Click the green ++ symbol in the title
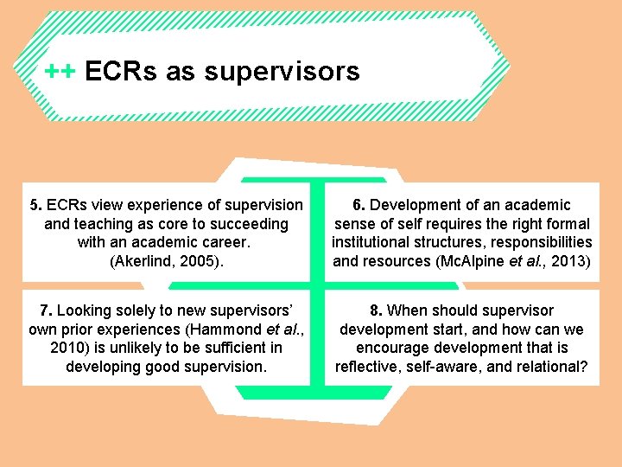(60, 71)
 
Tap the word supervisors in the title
(282, 71)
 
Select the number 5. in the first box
(35, 205)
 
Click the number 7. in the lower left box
(46, 310)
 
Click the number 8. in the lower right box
(377, 310)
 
